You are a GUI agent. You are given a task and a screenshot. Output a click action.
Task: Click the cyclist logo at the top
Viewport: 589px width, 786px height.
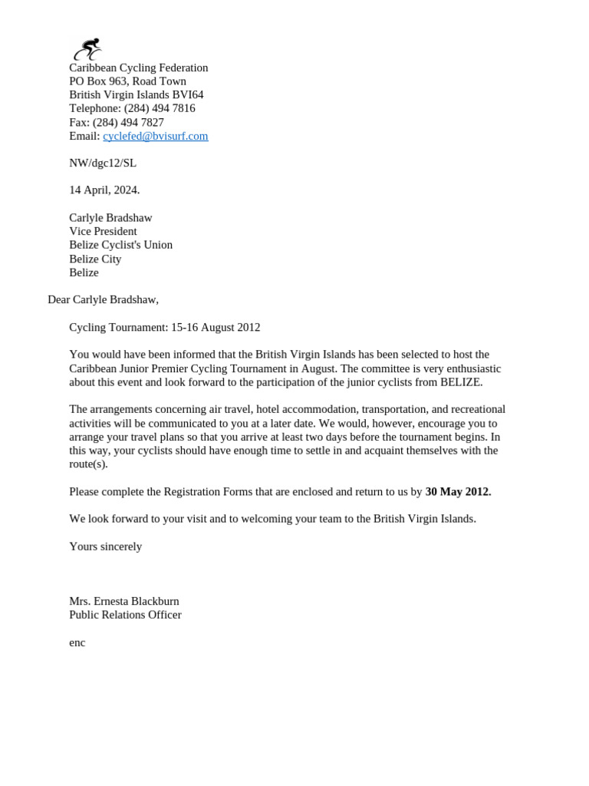[87, 49]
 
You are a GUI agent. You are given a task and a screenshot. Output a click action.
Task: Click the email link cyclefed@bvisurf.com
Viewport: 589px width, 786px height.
[156, 136]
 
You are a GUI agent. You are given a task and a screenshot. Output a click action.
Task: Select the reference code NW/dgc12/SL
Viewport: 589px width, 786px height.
[103, 163]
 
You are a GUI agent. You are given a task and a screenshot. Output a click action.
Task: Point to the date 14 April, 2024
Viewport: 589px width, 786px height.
[104, 190]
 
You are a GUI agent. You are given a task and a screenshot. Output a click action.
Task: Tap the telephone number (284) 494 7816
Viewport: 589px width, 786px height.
[160, 108]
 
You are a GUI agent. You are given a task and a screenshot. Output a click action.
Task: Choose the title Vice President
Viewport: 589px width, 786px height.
[103, 231]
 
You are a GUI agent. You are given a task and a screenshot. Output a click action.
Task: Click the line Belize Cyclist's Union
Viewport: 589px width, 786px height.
[120, 245]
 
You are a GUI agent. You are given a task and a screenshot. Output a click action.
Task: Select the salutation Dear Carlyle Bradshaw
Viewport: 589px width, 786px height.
[103, 299]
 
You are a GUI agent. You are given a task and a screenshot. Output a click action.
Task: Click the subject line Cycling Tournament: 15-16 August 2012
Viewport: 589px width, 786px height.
[164, 327]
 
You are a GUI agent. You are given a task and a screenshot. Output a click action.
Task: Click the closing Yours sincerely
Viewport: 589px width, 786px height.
[105, 547]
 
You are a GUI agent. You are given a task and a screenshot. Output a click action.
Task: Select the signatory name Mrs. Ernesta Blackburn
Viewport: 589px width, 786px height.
[124, 601]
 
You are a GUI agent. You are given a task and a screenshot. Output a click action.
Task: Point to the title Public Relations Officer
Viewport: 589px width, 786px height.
[125, 615]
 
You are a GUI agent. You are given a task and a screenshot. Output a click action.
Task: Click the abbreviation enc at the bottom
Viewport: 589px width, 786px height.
[77, 642]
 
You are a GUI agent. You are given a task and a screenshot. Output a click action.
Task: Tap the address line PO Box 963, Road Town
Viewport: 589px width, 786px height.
[127, 81]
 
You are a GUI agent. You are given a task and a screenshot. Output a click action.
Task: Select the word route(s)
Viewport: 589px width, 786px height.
[88, 464]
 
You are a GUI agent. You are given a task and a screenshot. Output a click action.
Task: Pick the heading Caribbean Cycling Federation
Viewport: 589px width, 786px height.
[138, 68]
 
